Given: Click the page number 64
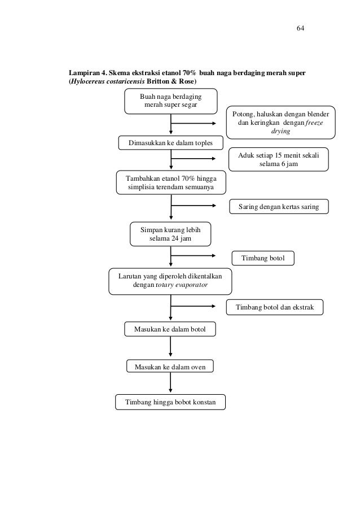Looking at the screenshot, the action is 300,28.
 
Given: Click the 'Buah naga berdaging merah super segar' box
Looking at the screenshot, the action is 171,101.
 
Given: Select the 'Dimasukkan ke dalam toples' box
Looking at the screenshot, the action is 170,143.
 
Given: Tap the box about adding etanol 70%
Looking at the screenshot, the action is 171,182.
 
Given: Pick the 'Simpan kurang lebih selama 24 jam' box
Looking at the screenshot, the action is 170,234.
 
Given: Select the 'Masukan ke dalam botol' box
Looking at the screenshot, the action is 170,329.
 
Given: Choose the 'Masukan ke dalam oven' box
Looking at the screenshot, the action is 170,366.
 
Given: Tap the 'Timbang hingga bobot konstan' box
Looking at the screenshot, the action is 170,402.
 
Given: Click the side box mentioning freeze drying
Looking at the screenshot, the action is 281,123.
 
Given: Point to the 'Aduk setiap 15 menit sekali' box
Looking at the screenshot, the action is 278,159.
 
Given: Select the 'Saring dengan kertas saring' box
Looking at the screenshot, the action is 279,207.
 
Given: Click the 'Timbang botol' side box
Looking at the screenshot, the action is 263,258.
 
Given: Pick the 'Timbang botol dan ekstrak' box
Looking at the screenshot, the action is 275,307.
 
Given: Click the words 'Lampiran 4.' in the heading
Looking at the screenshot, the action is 87,73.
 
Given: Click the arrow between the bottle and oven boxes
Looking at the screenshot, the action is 170,347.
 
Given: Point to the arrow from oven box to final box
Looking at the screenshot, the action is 170,382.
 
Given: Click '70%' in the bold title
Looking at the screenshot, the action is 188,73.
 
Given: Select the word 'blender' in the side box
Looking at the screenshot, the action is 318,114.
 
